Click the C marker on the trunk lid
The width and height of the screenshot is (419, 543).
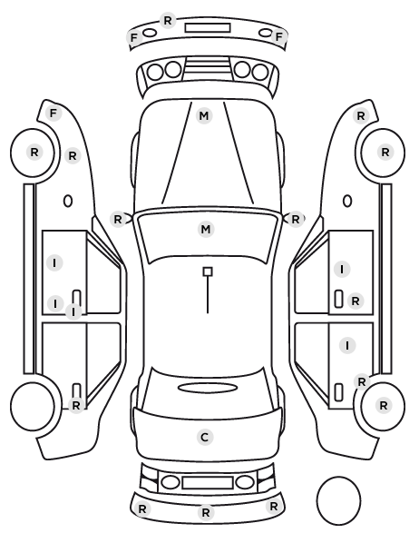coord(205,438)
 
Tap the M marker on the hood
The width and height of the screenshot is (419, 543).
coord(204,115)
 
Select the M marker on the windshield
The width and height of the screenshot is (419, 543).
coord(206,229)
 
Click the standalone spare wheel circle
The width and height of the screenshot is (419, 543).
coord(338,500)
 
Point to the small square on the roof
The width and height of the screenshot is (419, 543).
coord(208,271)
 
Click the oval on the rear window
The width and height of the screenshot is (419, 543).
coord(208,388)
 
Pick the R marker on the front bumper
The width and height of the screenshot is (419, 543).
coord(168,21)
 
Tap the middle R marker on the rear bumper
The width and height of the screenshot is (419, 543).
coord(206,512)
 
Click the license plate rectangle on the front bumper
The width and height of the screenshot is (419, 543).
coord(208,28)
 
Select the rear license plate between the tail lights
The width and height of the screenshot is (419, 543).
coord(208,483)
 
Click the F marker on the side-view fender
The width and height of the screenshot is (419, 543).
coord(54,113)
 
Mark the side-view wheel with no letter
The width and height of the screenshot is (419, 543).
coord(33,406)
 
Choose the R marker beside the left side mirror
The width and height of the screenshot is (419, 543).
coord(118,219)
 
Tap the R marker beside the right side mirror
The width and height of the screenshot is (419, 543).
coord(295,219)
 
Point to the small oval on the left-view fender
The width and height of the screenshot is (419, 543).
coord(68,201)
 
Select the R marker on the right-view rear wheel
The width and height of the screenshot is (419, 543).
coord(383,405)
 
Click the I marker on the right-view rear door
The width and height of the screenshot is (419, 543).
coord(347,345)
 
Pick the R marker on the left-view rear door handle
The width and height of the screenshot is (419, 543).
coord(76,405)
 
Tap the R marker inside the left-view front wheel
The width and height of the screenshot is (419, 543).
coord(34,152)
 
